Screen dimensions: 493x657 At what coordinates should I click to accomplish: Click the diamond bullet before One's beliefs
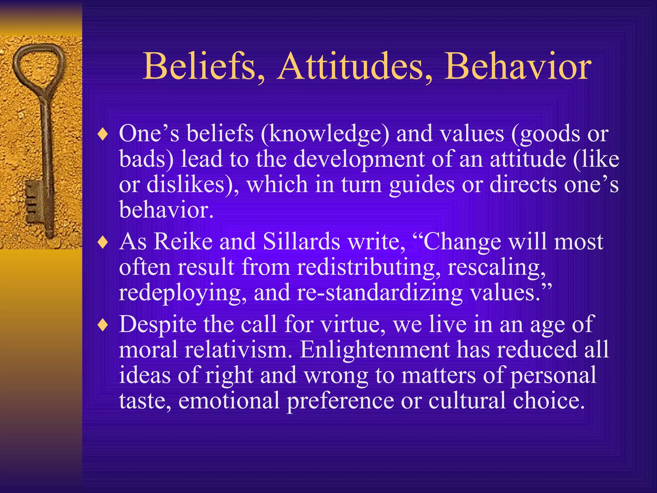pos(103,134)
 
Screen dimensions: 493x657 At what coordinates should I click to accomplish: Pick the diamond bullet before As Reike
pos(103,243)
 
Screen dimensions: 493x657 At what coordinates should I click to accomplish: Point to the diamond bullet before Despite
pos(103,325)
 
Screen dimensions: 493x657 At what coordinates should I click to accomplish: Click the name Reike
pos(183,242)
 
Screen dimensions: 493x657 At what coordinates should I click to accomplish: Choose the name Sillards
pos(301,242)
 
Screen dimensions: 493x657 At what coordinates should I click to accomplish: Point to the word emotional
pos(229,401)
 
